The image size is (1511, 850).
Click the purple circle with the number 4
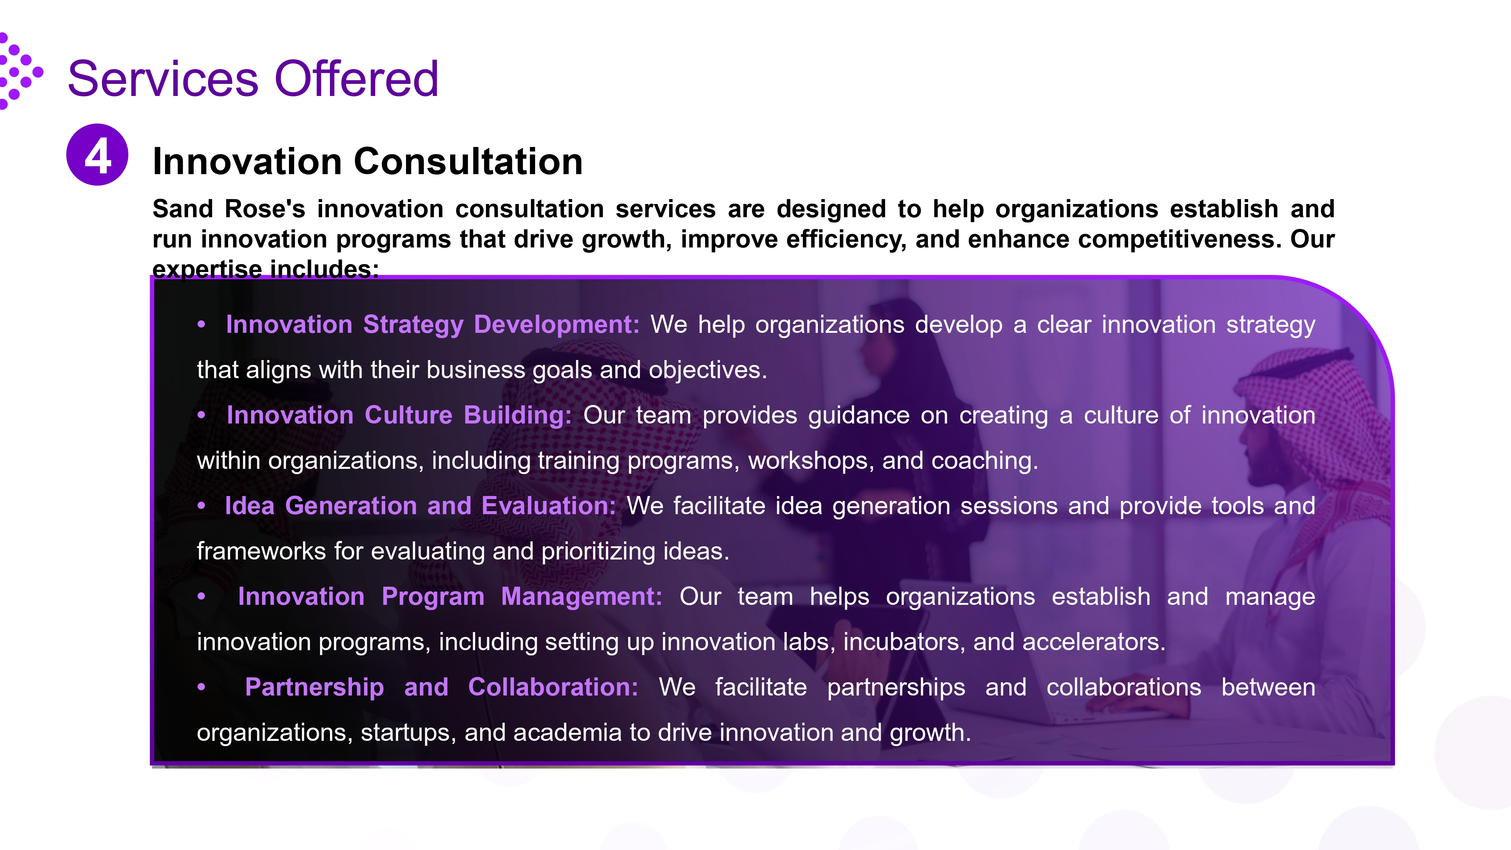pyautogui.click(x=97, y=155)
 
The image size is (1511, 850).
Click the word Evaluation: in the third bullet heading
pyautogui.click(x=548, y=506)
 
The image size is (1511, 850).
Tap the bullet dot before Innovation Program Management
pyautogui.click(x=202, y=597)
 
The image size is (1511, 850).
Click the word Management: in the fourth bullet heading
pyautogui.click(x=581, y=597)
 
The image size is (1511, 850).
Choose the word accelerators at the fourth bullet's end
pyautogui.click(x=1093, y=642)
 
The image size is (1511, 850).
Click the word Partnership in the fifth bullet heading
pyautogui.click(x=315, y=688)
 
